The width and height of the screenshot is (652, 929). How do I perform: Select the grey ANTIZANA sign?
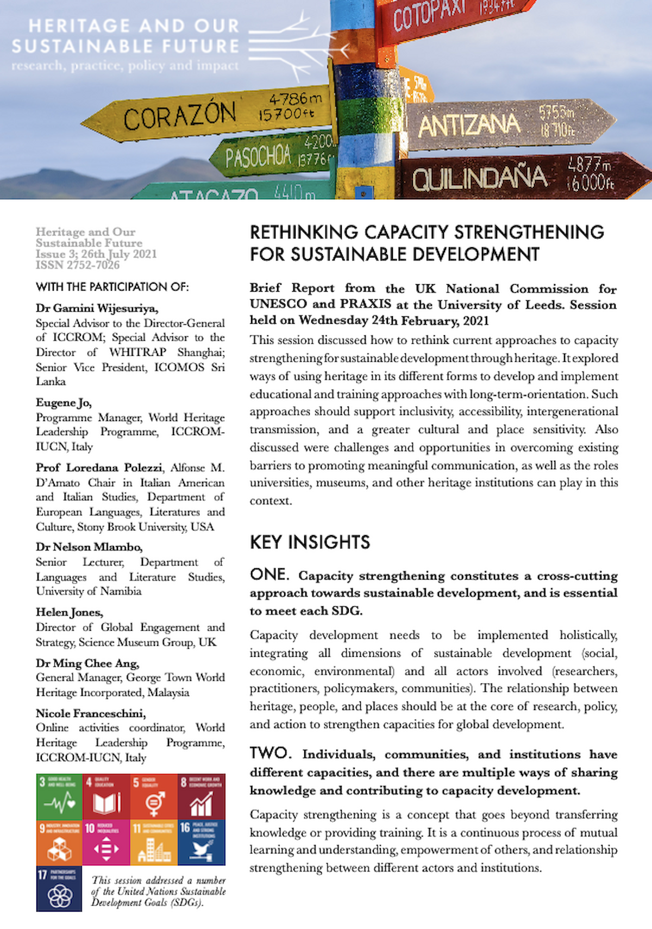pyautogui.click(x=505, y=125)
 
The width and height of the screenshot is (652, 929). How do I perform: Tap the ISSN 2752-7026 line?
pyautogui.click(x=78, y=265)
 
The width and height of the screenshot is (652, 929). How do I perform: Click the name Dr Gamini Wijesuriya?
pyautogui.click(x=97, y=308)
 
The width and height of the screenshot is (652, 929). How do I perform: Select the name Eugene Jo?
pyautogui.click(x=64, y=403)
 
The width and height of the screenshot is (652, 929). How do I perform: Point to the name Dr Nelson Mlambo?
pyautogui.click(x=89, y=547)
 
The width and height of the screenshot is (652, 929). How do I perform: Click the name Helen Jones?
pyautogui.click(x=69, y=612)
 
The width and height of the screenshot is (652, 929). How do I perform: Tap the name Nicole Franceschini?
pyautogui.click(x=90, y=713)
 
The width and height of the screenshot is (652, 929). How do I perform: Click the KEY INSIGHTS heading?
pyautogui.click(x=310, y=542)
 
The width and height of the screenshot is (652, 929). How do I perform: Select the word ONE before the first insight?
pyautogui.click(x=269, y=575)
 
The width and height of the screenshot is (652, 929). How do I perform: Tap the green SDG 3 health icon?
pyautogui.click(x=59, y=796)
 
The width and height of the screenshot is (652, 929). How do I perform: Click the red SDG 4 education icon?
pyautogui.click(x=106, y=796)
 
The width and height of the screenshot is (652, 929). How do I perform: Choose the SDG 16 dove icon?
pyautogui.click(x=201, y=843)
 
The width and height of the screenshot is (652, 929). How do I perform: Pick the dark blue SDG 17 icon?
pyautogui.click(x=59, y=889)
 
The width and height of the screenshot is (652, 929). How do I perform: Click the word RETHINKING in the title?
pyautogui.click(x=304, y=233)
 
